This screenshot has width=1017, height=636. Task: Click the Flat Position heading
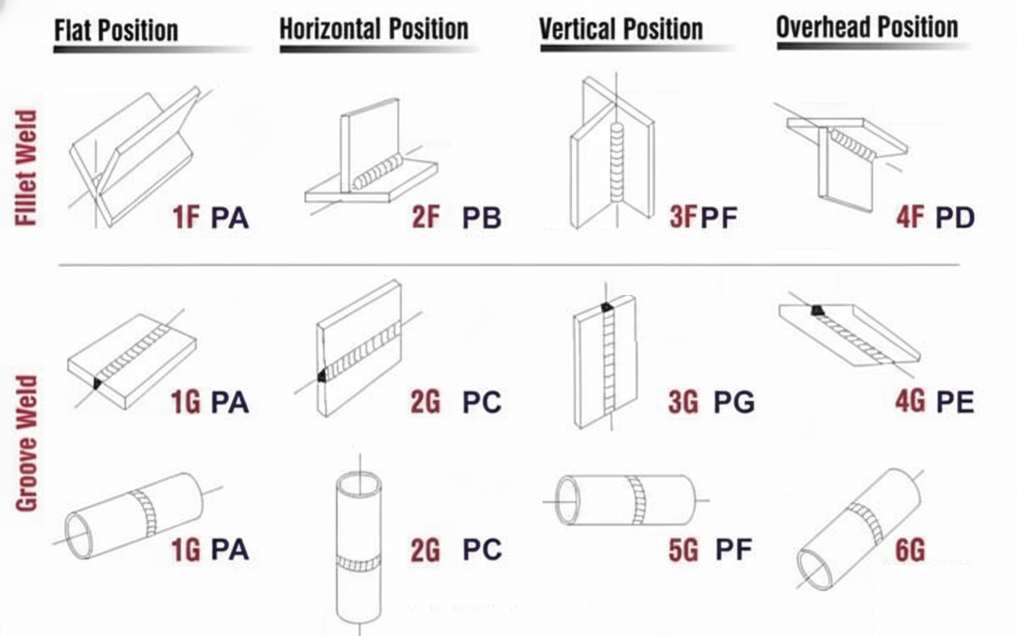click(116, 31)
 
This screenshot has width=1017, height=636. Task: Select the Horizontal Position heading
click(373, 29)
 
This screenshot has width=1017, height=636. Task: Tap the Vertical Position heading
click(621, 29)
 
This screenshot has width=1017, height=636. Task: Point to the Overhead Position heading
click(867, 28)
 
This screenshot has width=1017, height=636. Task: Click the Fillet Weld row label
click(27, 169)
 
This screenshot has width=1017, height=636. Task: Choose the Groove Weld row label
click(27, 443)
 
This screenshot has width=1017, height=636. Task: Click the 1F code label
click(186, 217)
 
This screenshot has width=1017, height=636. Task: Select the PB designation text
click(481, 217)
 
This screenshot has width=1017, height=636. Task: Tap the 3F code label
click(683, 217)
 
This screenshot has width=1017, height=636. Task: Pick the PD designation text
click(954, 217)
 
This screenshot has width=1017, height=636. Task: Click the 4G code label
click(911, 401)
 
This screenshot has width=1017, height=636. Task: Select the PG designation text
click(733, 401)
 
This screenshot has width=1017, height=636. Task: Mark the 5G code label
click(683, 549)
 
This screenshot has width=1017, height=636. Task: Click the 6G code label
click(911, 549)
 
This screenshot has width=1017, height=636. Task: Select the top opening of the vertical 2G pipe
click(358, 483)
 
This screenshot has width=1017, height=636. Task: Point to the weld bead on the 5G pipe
click(637, 500)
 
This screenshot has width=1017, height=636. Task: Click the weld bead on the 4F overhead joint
click(853, 144)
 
